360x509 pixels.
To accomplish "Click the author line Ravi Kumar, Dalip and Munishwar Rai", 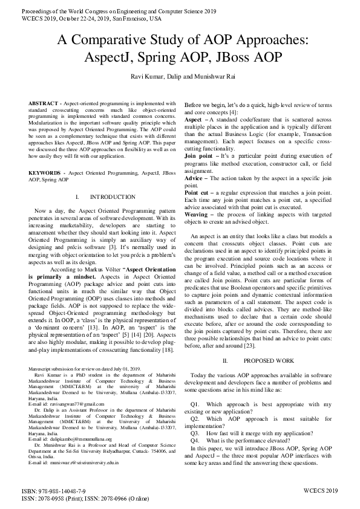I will click(x=180, y=76).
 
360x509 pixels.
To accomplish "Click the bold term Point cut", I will click(x=198, y=191).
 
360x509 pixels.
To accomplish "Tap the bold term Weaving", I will click(x=197, y=214).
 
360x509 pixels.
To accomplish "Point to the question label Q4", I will click(x=195, y=441).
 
